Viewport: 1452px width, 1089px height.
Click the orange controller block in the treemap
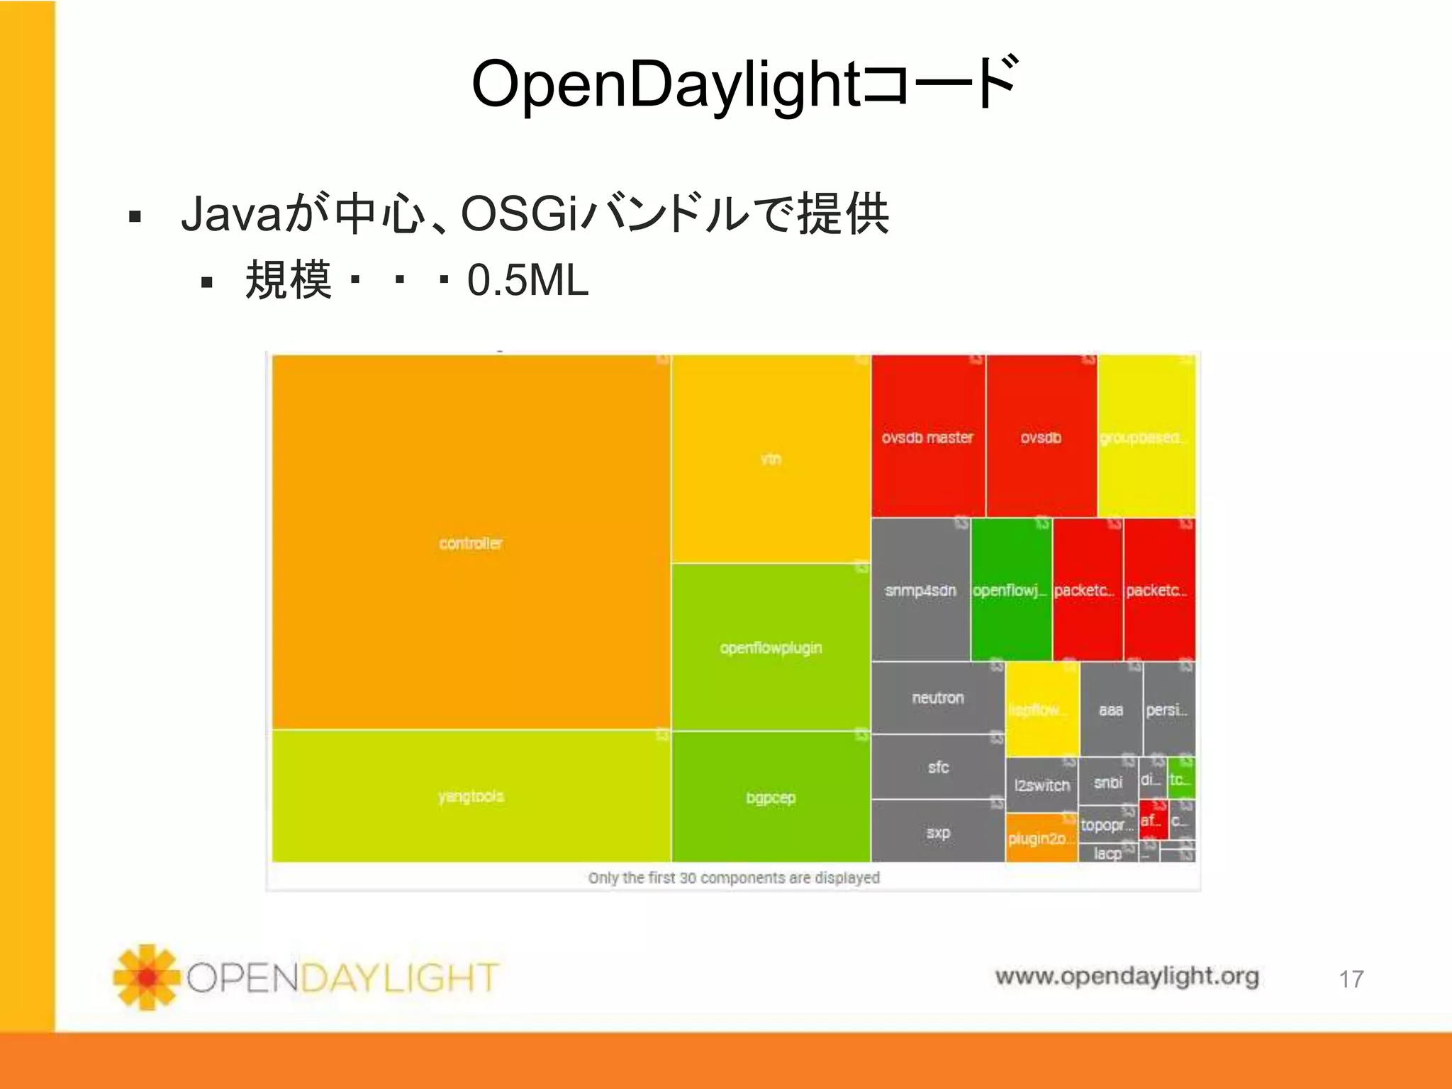(471, 542)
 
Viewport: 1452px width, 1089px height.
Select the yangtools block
(471, 796)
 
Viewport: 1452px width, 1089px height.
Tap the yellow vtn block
(771, 459)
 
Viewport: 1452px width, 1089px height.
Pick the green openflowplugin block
(771, 647)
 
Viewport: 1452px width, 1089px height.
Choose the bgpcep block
(771, 798)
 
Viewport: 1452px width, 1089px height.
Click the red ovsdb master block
(927, 437)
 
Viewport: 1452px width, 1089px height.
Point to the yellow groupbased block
(1146, 437)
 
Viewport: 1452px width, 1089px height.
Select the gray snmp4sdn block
(920, 590)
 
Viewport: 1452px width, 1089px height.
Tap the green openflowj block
(1010, 590)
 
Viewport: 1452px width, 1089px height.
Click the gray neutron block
(937, 698)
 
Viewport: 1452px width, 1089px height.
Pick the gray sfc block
(937, 767)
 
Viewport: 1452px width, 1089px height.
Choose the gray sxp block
(937, 832)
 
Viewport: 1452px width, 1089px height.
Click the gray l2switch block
(1041, 785)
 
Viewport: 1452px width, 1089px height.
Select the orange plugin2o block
(1040, 838)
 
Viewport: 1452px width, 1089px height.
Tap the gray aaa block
(1110, 709)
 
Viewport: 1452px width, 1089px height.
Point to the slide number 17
(1351, 979)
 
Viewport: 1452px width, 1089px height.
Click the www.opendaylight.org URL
(1127, 976)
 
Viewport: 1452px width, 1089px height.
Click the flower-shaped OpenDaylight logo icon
(147, 977)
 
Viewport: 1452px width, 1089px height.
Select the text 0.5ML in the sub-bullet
(527, 280)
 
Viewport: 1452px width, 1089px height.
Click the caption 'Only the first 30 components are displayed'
(734, 878)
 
